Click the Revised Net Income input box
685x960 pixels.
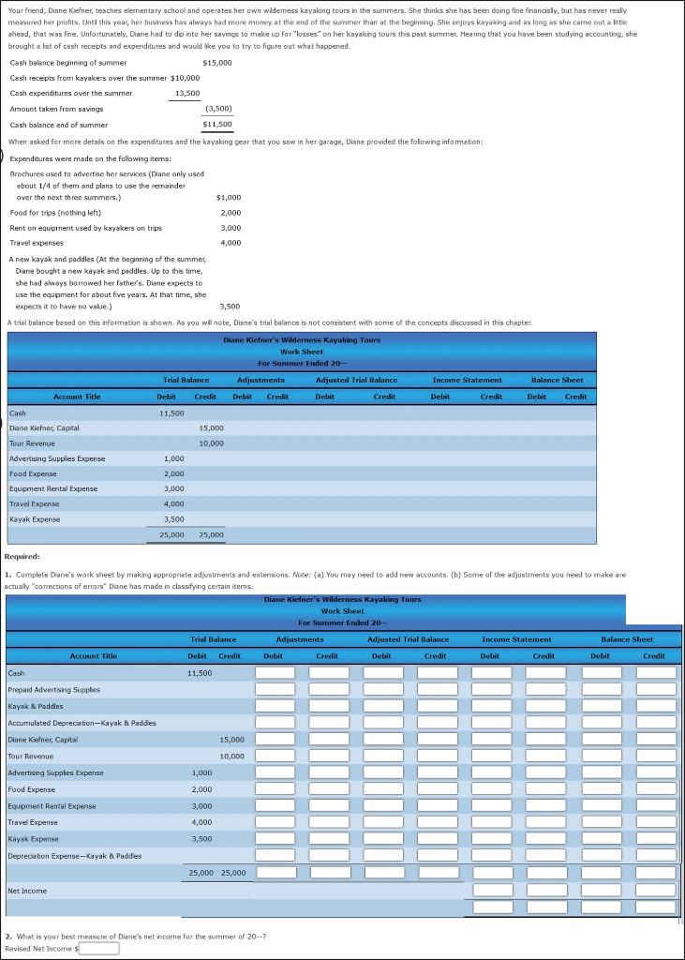click(x=98, y=948)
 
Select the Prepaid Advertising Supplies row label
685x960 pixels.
click(x=53, y=689)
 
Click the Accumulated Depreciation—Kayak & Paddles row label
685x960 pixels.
click(x=82, y=723)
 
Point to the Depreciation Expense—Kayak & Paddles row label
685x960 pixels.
click(x=74, y=856)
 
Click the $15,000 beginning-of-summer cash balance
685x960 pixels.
click(x=216, y=62)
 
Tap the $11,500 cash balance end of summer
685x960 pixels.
click(x=216, y=124)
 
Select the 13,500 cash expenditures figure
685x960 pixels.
click(x=187, y=93)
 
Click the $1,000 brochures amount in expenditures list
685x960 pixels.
click(x=229, y=198)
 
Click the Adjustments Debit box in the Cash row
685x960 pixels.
click(x=275, y=673)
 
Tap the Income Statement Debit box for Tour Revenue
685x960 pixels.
click(x=491, y=756)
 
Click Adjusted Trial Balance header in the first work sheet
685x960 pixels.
click(x=356, y=380)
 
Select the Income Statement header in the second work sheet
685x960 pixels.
click(x=516, y=639)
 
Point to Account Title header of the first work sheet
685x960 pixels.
click(x=77, y=397)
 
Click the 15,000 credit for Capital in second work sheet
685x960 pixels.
click(x=232, y=740)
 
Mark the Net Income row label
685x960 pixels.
click(x=26, y=891)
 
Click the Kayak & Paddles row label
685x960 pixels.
click(x=36, y=706)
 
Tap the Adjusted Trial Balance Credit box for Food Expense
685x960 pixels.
click(x=437, y=789)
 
